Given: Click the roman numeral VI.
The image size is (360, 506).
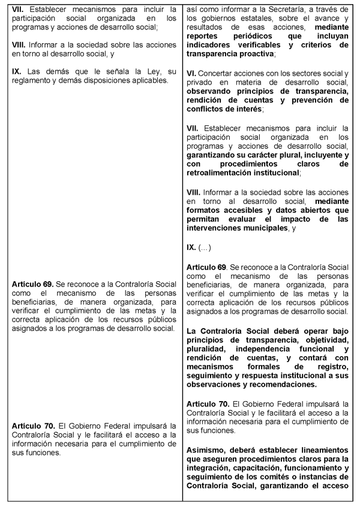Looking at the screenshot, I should coord(192,73).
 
